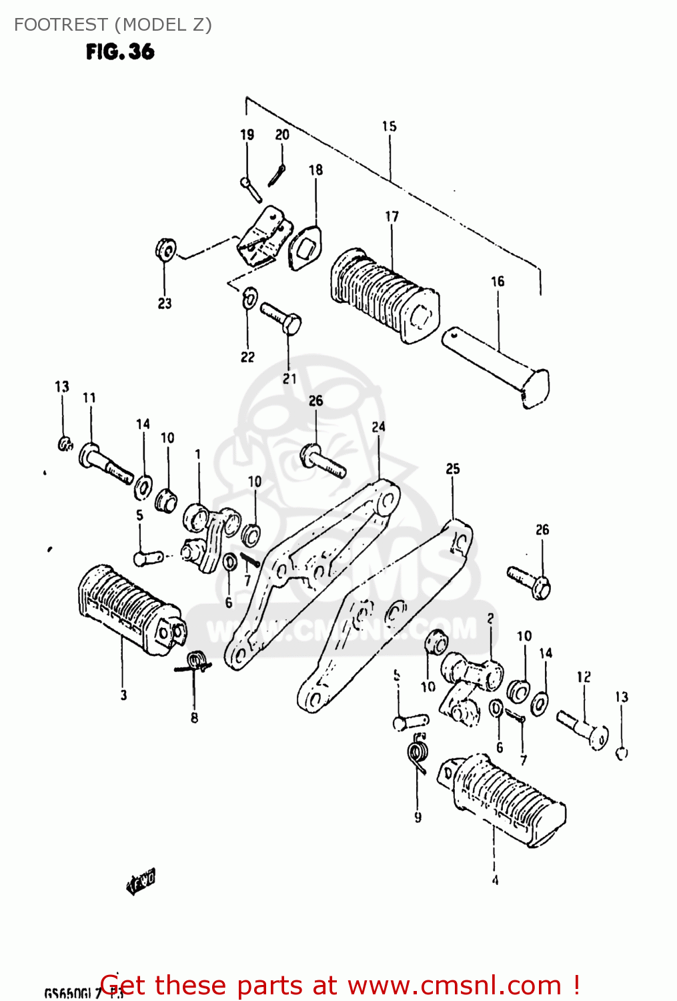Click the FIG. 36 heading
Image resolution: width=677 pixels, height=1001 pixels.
[120, 51]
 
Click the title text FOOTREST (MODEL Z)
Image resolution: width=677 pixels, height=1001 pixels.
[113, 25]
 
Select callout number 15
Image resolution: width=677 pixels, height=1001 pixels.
[389, 126]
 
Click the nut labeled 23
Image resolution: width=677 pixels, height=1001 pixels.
[165, 250]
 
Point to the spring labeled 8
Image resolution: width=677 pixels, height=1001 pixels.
[195, 663]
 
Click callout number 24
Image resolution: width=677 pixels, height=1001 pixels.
[378, 426]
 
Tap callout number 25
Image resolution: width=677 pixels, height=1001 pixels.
[453, 469]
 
